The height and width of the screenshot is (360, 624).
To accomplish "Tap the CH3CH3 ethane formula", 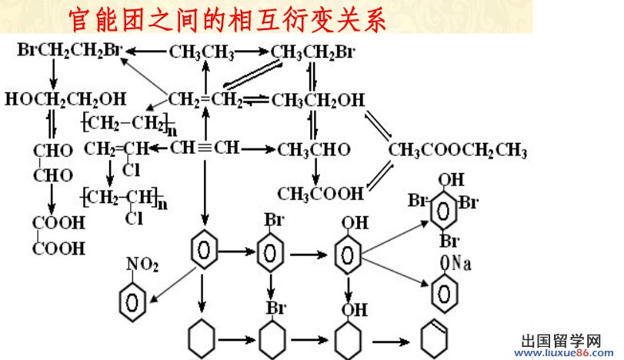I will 202,52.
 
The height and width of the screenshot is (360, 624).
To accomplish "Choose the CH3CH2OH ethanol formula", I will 319,100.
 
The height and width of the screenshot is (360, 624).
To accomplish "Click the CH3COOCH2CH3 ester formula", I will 459,148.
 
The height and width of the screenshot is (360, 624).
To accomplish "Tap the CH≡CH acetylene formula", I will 205,147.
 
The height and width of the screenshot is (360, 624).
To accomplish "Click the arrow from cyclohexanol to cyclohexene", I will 393,338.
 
